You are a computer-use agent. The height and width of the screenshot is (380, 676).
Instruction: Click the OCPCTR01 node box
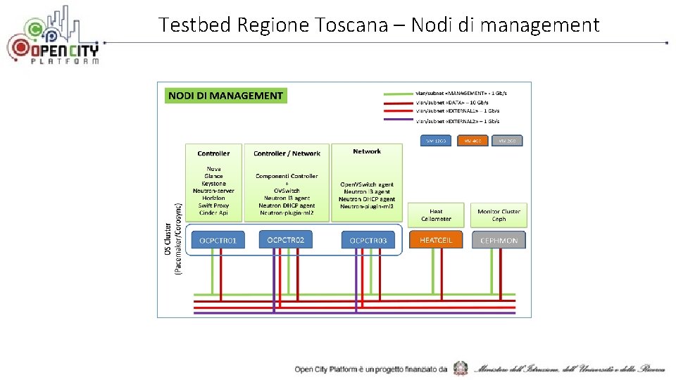218,241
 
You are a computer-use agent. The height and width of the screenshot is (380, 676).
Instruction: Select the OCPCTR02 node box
286,240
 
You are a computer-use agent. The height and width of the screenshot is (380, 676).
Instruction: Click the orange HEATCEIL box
436,240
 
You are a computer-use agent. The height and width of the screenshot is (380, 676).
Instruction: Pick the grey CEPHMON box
499,240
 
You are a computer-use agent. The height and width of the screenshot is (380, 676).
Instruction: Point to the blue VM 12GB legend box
437,141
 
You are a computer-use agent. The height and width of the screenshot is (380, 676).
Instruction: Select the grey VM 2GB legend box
507,141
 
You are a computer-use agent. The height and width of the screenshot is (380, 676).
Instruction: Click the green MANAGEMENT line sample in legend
397,94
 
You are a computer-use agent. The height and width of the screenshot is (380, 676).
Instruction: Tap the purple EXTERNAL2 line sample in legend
397,121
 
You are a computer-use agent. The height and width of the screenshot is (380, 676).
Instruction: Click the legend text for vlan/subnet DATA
451,102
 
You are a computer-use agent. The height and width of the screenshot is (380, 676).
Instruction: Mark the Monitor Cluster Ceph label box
499,215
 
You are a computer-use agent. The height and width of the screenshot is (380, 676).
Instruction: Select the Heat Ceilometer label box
436,215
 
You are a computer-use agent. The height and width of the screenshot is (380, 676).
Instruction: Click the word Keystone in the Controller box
213,184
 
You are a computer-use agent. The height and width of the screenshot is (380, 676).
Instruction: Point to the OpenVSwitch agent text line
367,184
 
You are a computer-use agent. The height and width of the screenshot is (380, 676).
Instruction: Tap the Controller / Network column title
287,153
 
